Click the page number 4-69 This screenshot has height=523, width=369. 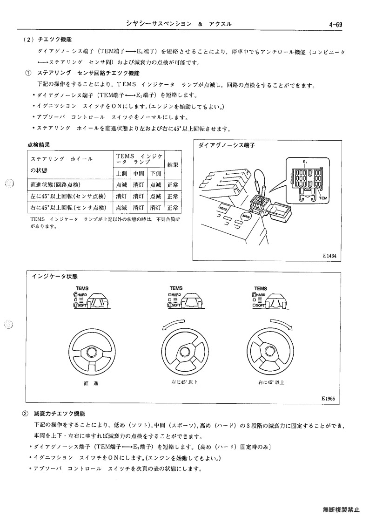[335, 25]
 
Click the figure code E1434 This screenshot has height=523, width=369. [329, 256]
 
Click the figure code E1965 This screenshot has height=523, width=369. [329, 398]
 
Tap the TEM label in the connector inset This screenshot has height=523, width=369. [323, 198]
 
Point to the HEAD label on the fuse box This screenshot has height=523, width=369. [223, 209]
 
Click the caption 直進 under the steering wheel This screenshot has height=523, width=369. [91, 384]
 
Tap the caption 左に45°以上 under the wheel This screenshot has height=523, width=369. [184, 382]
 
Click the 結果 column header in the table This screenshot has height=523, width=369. [173, 164]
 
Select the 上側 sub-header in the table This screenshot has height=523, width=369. [121, 173]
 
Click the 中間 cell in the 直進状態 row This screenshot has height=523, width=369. [138, 185]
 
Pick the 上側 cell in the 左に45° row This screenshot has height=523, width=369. [121, 196]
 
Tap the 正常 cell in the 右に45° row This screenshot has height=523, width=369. [173, 207]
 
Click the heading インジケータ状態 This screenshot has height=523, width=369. [54, 277]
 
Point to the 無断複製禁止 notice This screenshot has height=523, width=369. [341, 509]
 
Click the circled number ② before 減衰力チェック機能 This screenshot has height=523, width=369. [25, 414]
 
